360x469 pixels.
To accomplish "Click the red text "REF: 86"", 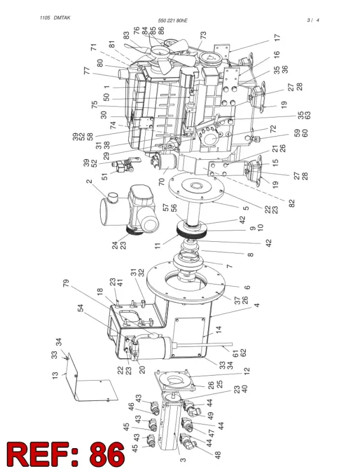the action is point(66,454).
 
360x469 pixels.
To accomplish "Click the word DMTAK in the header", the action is point(62,17).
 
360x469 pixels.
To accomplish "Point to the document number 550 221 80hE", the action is point(173,21).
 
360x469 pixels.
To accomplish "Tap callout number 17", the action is point(277,37).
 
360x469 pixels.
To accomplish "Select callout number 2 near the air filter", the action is point(89,181).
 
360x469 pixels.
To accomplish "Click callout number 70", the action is point(161,182).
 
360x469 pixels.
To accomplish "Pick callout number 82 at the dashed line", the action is point(292,203).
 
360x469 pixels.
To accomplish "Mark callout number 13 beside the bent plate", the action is point(55,376).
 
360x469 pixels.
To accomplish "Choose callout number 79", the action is point(66,283).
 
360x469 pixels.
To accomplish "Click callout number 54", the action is point(80,308).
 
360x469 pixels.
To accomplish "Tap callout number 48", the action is point(218,455).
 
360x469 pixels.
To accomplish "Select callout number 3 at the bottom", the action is point(183,460).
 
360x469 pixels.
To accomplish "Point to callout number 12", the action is point(246,371).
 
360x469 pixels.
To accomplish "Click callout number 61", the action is point(236,353).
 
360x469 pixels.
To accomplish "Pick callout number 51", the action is point(105,177).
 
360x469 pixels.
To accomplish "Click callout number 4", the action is point(256,305).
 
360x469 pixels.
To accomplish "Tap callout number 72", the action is point(273,129).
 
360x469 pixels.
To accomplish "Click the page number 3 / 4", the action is point(313,20).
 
